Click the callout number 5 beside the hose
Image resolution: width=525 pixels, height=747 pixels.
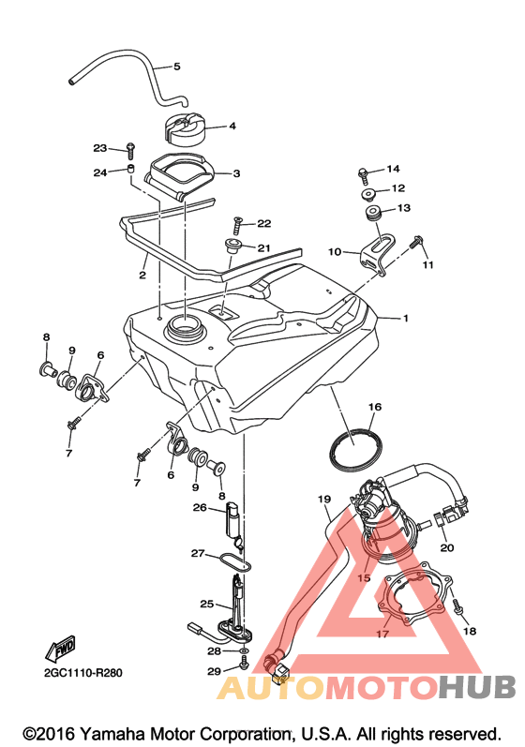(177, 67)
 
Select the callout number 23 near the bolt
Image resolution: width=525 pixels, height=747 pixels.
(100, 148)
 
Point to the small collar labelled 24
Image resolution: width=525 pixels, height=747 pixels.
(129, 168)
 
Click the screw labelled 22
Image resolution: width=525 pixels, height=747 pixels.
(238, 225)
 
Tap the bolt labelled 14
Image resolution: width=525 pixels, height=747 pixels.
(364, 175)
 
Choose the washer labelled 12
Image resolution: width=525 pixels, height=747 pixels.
(367, 195)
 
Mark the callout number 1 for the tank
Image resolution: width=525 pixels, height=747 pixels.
(405, 319)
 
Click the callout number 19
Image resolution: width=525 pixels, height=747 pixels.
(324, 500)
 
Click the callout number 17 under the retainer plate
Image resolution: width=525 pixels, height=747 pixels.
(382, 635)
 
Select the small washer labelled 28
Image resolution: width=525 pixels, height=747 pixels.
(244, 650)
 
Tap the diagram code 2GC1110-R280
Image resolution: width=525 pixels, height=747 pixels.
(82, 673)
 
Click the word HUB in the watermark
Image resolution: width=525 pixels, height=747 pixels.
(477, 687)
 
